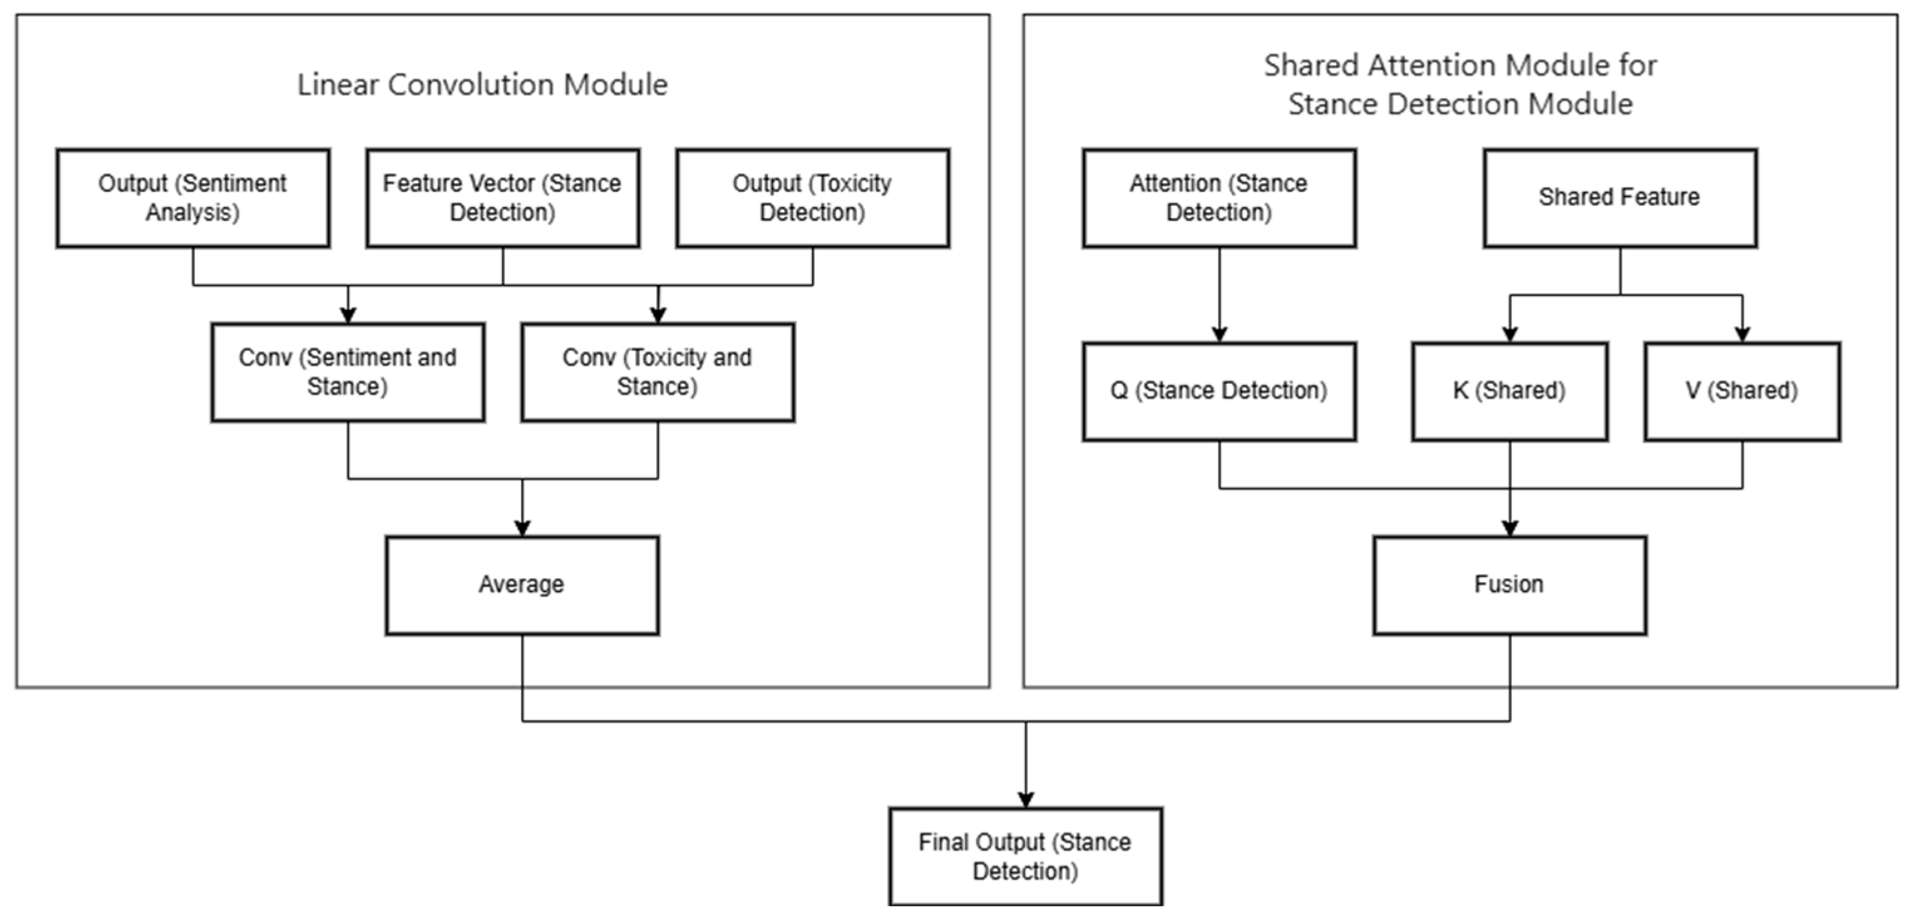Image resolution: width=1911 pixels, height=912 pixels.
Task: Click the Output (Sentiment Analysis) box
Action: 193,198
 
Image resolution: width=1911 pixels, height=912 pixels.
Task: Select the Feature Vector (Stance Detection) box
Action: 502,198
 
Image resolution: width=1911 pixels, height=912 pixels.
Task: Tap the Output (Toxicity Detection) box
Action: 813,198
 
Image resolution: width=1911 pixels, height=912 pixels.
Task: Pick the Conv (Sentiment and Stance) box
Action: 348,373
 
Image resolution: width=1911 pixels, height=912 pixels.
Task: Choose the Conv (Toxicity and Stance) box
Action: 657,373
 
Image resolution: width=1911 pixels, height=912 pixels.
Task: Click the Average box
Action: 522,585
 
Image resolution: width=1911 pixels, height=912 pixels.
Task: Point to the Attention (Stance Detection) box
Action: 1219,198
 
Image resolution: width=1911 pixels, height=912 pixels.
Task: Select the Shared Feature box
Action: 1619,198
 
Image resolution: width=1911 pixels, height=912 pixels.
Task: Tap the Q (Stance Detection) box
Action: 1219,391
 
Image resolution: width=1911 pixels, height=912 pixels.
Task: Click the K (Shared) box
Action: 1510,391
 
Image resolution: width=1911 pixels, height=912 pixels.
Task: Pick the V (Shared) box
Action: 1742,391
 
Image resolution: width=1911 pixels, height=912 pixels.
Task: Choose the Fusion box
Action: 1510,585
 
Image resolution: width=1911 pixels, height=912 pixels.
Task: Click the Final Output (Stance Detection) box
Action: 1025,856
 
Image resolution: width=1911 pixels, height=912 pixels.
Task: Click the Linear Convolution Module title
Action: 482,85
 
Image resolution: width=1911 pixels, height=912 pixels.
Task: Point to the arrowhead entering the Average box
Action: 522,528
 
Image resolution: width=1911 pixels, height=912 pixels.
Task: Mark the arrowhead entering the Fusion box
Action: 1510,528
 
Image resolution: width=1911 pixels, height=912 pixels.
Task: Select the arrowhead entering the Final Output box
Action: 1025,800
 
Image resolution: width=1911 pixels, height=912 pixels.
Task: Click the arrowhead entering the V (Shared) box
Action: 1742,335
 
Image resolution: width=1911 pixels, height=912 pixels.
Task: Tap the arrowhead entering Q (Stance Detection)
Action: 1219,335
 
